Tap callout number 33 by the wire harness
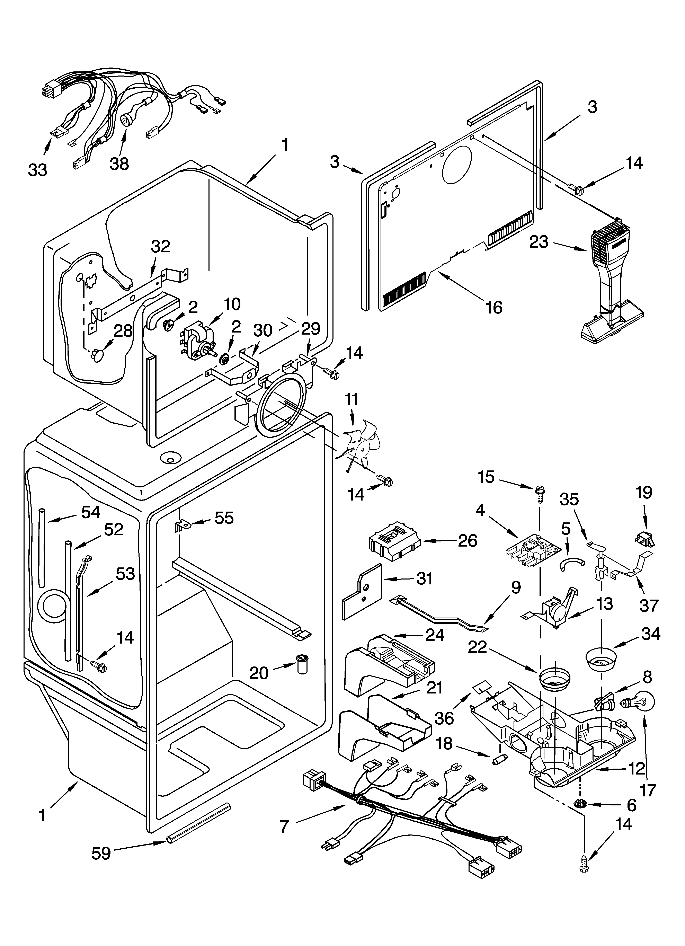click(38, 170)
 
